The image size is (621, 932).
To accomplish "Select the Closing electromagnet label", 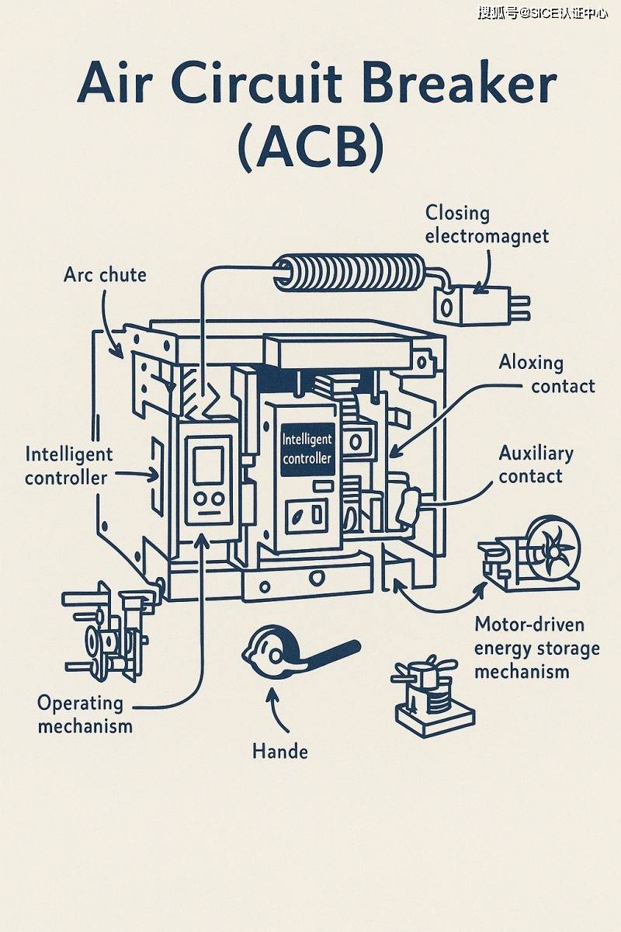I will [487, 224].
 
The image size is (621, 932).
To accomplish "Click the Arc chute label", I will [105, 274].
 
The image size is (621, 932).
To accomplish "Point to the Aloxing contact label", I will [546, 374].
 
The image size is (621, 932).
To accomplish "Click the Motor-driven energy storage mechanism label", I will [536, 648].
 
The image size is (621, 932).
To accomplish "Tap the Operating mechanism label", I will [85, 715].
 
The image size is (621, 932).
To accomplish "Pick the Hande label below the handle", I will [280, 751].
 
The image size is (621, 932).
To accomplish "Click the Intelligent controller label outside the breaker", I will [68, 465].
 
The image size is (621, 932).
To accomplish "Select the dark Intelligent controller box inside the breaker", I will [307, 448].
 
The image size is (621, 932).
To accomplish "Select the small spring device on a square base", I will [432, 697].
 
